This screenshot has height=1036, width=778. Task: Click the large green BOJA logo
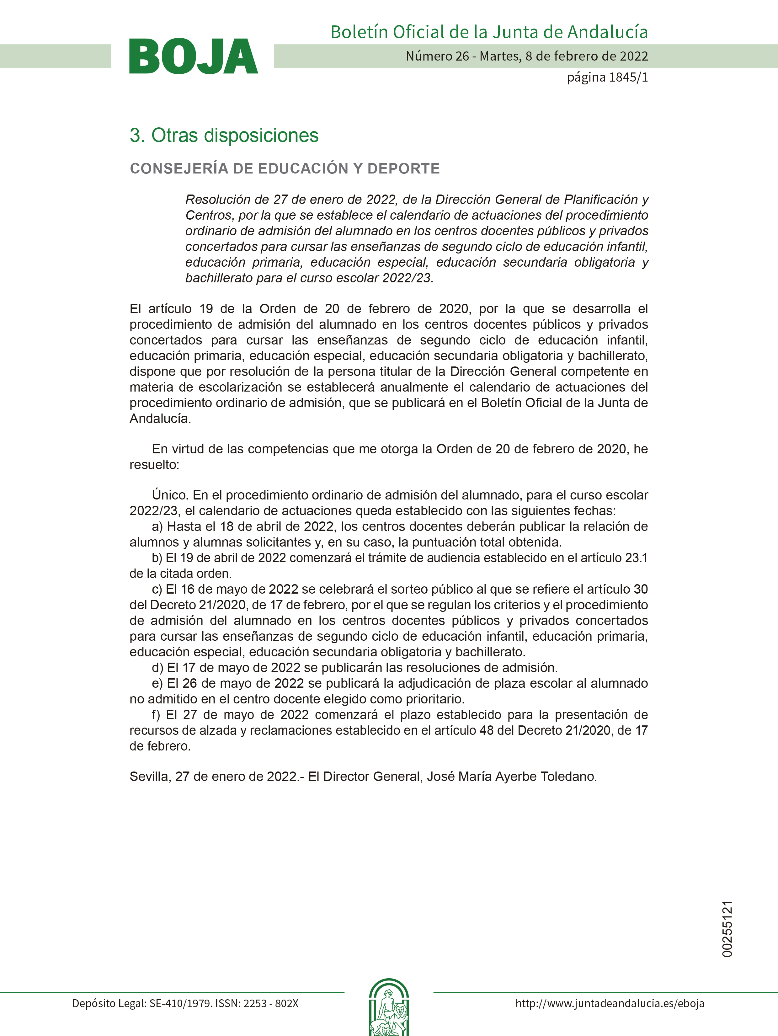coord(194,56)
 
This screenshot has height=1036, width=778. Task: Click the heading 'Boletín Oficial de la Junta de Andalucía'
coord(489,32)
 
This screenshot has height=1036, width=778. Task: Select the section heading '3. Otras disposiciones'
coord(224,135)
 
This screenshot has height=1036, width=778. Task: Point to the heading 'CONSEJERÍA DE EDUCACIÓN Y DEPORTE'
coord(285,168)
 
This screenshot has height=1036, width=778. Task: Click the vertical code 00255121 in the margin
coord(727,928)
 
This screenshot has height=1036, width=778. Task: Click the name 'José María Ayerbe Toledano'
coord(511,776)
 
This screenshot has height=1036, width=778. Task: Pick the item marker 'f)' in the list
coord(156,714)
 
